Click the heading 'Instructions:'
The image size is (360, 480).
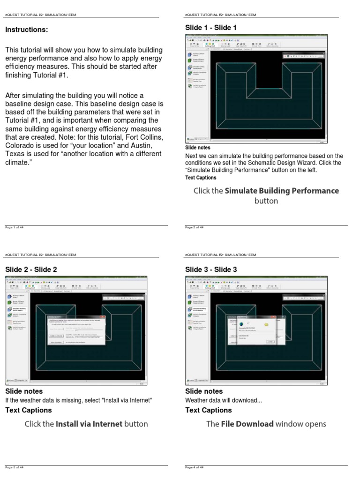click(26, 30)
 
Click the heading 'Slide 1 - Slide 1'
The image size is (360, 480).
click(211, 28)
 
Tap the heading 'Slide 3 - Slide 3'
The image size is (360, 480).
click(211, 269)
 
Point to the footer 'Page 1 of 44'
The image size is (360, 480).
click(14, 227)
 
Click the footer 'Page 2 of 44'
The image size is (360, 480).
click(194, 227)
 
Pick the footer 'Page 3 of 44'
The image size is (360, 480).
click(14, 467)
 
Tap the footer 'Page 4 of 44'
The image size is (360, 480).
click(194, 467)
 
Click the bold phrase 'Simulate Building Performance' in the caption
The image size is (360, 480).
click(282, 191)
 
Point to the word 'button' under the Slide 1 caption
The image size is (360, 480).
click(266, 201)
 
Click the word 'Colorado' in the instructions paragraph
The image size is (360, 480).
click(19, 145)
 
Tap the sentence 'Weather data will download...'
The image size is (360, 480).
click(217, 400)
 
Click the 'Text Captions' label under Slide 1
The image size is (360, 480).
click(201, 178)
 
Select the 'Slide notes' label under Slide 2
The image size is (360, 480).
click(24, 391)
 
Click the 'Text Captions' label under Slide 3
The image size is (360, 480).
click(209, 410)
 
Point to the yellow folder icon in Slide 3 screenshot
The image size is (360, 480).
click(266, 324)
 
